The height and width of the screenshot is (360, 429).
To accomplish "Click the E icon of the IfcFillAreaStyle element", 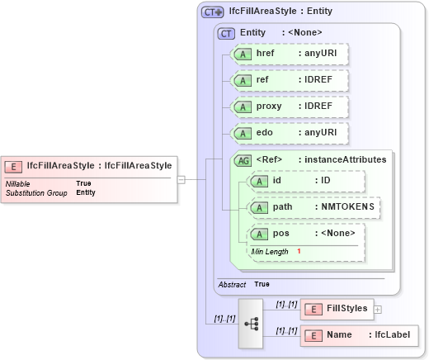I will (15, 165).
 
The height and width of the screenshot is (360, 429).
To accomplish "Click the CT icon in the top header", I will (212, 12).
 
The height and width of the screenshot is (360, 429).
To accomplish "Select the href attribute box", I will (289, 54).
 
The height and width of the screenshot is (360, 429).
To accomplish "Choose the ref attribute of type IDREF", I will (289, 80).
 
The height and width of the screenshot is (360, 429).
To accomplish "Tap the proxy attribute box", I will (289, 107).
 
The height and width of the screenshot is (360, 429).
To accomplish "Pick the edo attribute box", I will (289, 133).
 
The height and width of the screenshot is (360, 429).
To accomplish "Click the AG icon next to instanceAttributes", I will (244, 159).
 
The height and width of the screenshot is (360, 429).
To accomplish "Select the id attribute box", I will (306, 181).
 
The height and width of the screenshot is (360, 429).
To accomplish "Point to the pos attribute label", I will (281, 234).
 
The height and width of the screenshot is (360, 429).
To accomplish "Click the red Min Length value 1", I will (299, 251).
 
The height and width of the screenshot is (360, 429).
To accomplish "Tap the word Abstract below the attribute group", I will (231, 284).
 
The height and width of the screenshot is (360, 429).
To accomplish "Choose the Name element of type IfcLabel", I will (359, 335).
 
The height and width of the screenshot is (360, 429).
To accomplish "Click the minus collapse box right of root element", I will (181, 178).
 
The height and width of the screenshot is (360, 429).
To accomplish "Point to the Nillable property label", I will (19, 183).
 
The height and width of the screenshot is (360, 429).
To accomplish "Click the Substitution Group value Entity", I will (86, 192).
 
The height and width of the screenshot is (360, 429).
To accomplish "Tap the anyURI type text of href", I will (318, 54).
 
